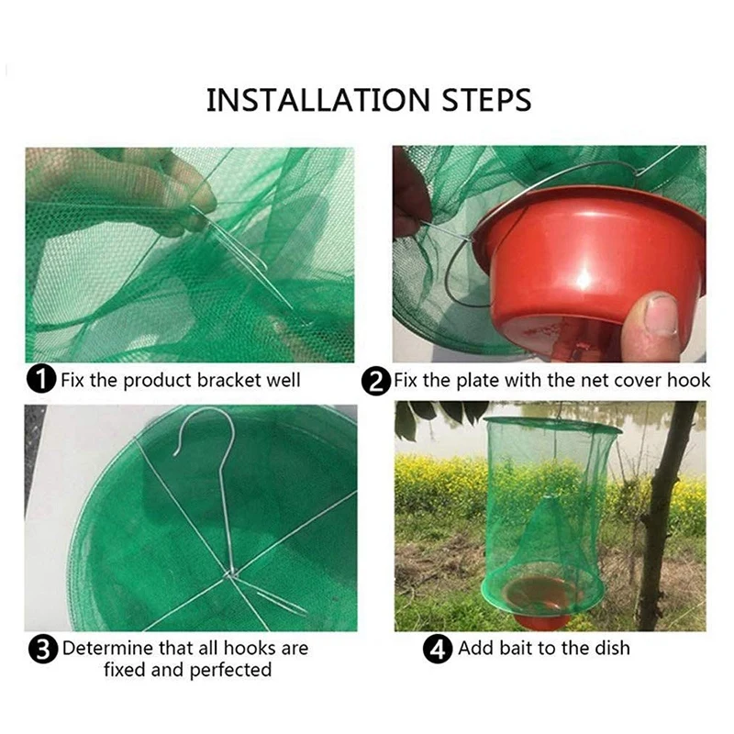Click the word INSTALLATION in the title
pos(317,99)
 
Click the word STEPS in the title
pos(486,99)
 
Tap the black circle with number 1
pos(41,379)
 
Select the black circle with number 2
pos(375,381)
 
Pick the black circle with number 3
pos(42,649)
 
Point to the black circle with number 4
pos(438,649)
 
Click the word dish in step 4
pos(612,649)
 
